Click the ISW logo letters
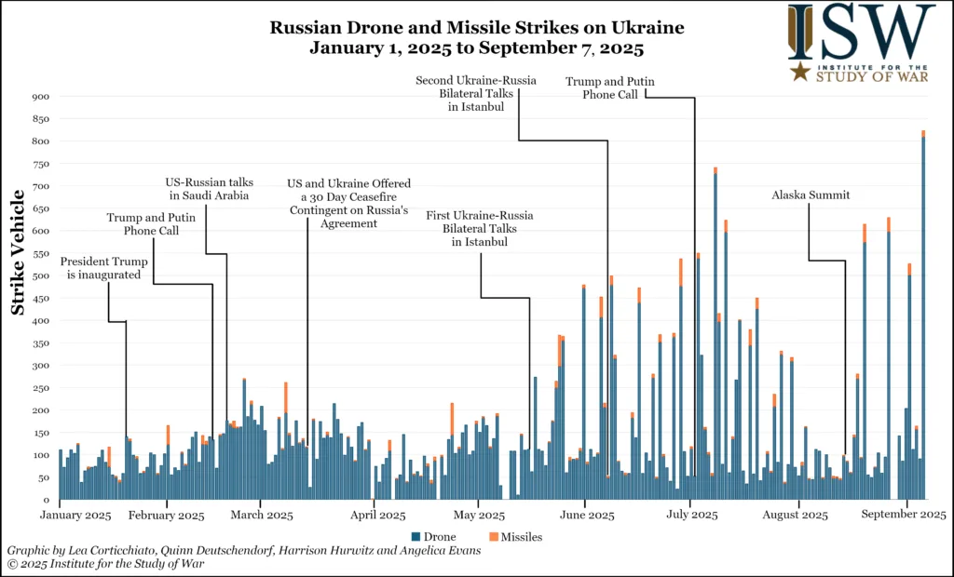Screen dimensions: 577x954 click(x=861, y=33)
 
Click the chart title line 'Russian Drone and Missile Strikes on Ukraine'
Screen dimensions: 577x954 click(x=476, y=28)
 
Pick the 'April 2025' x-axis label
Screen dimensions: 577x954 click(x=377, y=514)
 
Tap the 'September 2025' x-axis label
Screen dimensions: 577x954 click(x=909, y=514)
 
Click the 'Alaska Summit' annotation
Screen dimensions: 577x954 click(x=811, y=195)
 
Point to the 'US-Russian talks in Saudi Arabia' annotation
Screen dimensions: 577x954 click(x=210, y=189)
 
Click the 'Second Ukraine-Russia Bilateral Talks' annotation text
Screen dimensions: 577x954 click(x=475, y=94)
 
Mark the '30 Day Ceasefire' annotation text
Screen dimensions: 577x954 click(x=349, y=204)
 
